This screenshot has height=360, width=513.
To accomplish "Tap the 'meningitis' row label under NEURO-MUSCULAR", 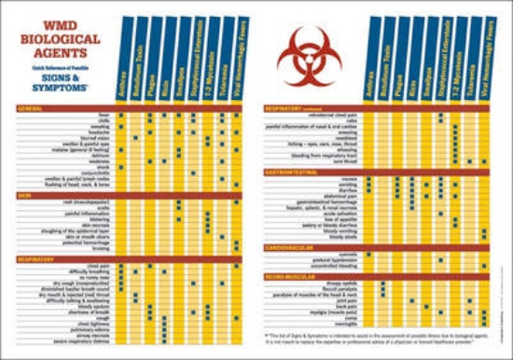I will coord(352,325).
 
